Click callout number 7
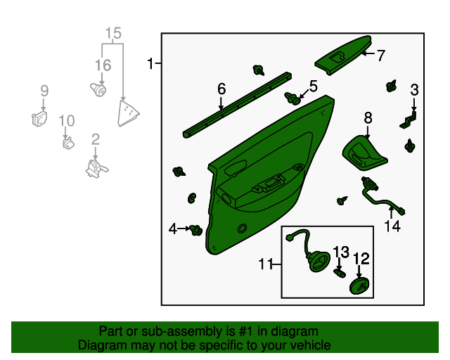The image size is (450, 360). (380, 56)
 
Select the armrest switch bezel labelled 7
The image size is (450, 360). (343, 56)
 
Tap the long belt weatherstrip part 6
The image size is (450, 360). (237, 105)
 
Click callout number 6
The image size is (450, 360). (221, 89)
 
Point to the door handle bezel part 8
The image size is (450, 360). (364, 153)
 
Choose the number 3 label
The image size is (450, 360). (414, 90)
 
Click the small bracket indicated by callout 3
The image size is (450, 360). (408, 120)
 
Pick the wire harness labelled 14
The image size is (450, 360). (382, 197)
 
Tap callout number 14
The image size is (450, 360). (392, 226)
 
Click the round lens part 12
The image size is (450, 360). (359, 286)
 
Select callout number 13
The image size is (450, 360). (341, 252)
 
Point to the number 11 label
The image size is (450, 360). (265, 264)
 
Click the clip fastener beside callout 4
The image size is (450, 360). (197, 230)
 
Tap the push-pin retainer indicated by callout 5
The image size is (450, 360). (292, 98)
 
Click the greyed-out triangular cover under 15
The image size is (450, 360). (128, 113)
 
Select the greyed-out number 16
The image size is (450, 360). (103, 65)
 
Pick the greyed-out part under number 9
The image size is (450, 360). (39, 119)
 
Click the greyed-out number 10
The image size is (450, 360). (67, 121)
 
